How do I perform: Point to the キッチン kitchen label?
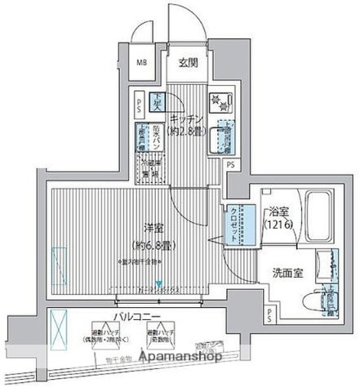(187, 117)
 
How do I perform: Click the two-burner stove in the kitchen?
(220, 101)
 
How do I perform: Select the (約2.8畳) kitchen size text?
(187, 131)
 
